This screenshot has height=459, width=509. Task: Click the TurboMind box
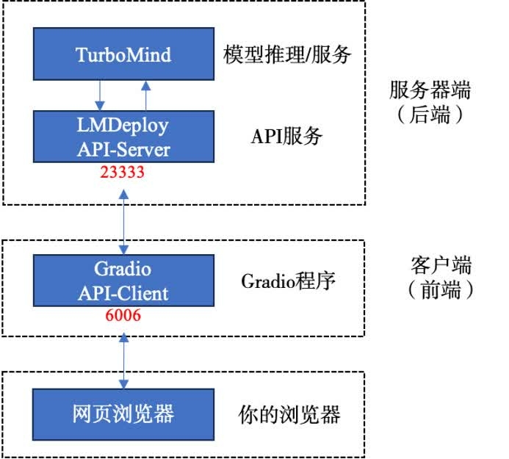tap(123, 54)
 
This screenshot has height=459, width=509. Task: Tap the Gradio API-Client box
tap(123, 281)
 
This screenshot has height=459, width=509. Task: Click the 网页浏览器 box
tap(123, 413)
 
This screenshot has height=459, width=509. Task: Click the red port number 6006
tap(123, 316)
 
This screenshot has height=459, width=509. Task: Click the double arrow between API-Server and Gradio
tap(123, 217)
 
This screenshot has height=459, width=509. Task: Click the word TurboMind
tap(123, 54)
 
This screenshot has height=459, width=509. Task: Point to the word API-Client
tap(123, 293)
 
